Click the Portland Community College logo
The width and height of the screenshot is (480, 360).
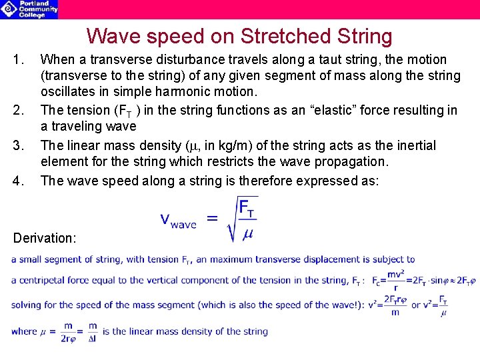coord(29,9)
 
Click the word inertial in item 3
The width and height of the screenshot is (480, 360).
coord(413,145)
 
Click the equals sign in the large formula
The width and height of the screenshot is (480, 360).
coord(211,218)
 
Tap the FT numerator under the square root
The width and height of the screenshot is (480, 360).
coord(247,209)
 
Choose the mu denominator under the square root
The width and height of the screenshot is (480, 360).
coord(247,235)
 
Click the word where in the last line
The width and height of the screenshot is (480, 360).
coord(24,331)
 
